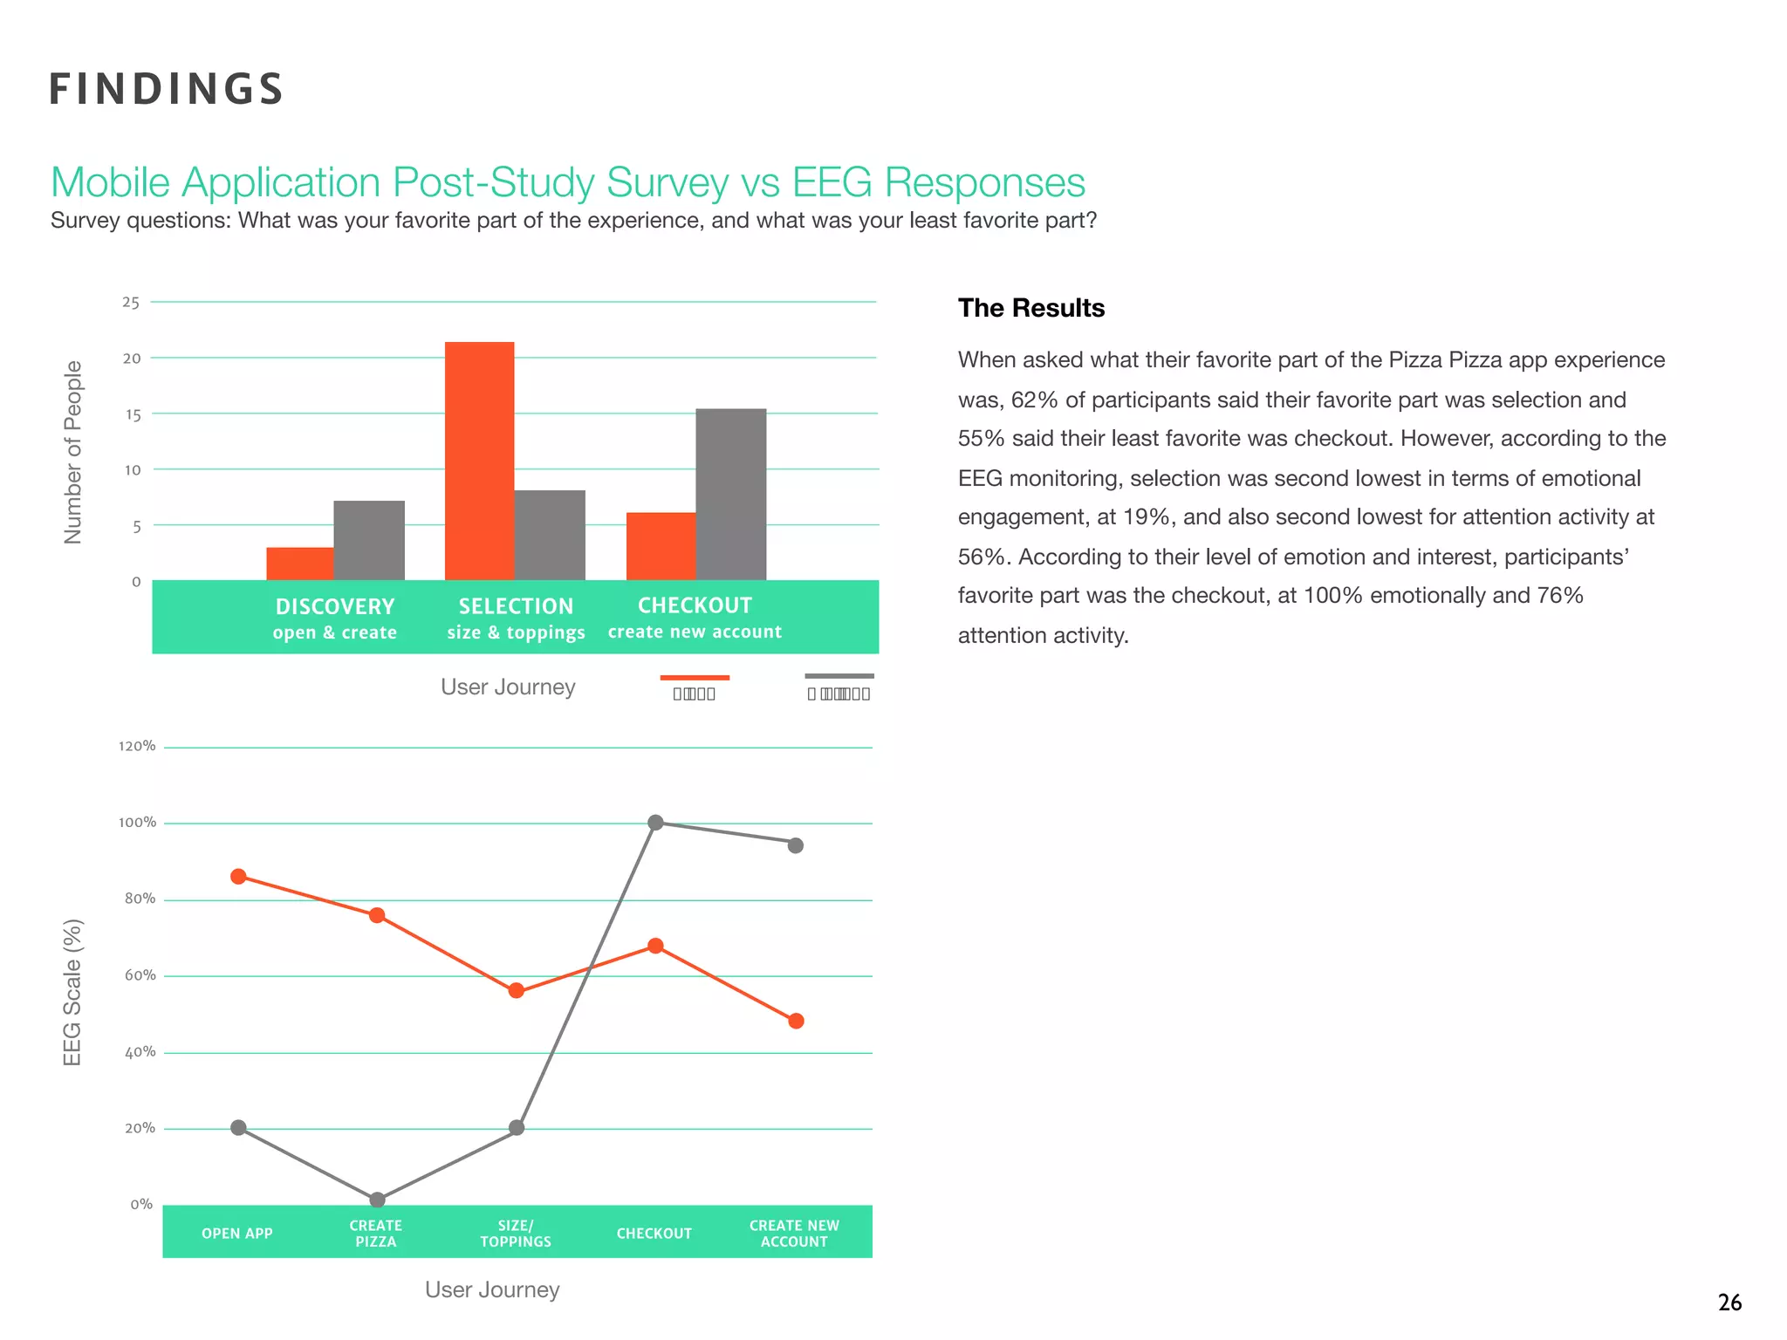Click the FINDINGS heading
pyautogui.click(x=166, y=89)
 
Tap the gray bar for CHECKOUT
pyautogui.click(x=730, y=494)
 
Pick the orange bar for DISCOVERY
pyautogui.click(x=299, y=564)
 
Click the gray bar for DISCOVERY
pyautogui.click(x=368, y=540)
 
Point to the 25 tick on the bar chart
pyautogui.click(x=131, y=303)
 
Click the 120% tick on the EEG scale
pyautogui.click(x=137, y=746)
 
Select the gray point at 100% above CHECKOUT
pyautogui.click(x=655, y=822)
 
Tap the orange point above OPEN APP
pyautogui.click(x=238, y=876)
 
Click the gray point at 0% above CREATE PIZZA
pyautogui.click(x=377, y=1200)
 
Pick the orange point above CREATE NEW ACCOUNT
pyautogui.click(x=795, y=1021)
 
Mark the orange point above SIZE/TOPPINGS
pyautogui.click(x=516, y=990)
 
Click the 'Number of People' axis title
pyautogui.click(x=73, y=452)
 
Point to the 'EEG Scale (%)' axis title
pyautogui.click(x=72, y=992)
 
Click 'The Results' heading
pyautogui.click(x=1030, y=308)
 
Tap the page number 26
pyautogui.click(x=1729, y=1302)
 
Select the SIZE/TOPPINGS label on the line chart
pyautogui.click(x=515, y=1233)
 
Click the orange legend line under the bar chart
pyautogui.click(x=695, y=677)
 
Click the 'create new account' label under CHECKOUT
pyautogui.click(x=695, y=632)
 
